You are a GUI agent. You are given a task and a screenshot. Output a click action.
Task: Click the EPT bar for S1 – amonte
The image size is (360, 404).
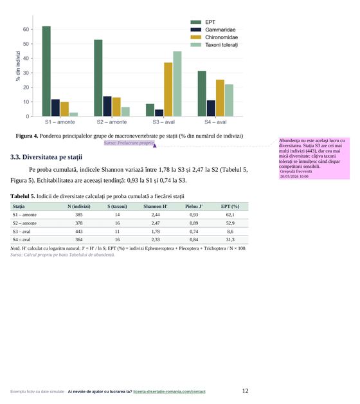(46, 71)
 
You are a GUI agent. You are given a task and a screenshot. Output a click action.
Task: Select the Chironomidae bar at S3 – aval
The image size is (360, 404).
(168, 89)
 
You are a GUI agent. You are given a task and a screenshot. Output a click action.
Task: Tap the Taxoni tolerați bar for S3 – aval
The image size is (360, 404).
(177, 84)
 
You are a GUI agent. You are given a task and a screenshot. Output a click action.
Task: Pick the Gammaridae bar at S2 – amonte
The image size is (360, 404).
(107, 106)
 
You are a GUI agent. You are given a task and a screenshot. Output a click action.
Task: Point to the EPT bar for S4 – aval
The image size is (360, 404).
(202, 93)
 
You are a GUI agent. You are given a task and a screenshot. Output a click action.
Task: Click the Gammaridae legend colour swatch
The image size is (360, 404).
(195, 30)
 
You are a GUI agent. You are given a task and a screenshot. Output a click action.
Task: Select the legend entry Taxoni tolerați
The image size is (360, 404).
(221, 45)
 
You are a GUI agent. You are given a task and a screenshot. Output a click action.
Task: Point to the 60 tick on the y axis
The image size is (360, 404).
(26, 30)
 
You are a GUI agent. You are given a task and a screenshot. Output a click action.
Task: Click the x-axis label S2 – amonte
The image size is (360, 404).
(112, 122)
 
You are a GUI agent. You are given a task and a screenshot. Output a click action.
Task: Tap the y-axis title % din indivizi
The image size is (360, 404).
(18, 66)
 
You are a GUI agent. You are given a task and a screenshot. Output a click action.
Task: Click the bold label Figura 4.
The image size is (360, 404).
(27, 136)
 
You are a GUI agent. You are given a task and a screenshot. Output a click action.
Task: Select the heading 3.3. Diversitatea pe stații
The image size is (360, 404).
(46, 157)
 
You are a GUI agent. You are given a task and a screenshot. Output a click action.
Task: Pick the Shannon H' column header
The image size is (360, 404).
(156, 207)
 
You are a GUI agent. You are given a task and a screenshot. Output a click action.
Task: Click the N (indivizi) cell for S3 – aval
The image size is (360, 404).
(79, 232)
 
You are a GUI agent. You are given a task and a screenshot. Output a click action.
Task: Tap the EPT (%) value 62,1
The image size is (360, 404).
(230, 215)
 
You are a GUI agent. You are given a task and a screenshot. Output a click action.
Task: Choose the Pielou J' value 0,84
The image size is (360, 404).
(194, 239)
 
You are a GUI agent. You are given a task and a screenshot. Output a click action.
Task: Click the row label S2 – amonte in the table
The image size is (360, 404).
(24, 223)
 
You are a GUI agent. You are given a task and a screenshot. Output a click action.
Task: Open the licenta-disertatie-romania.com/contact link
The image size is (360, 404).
(170, 392)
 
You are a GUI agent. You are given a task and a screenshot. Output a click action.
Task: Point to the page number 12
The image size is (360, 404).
(245, 391)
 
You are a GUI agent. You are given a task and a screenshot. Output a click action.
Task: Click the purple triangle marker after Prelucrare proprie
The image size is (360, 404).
(154, 146)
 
